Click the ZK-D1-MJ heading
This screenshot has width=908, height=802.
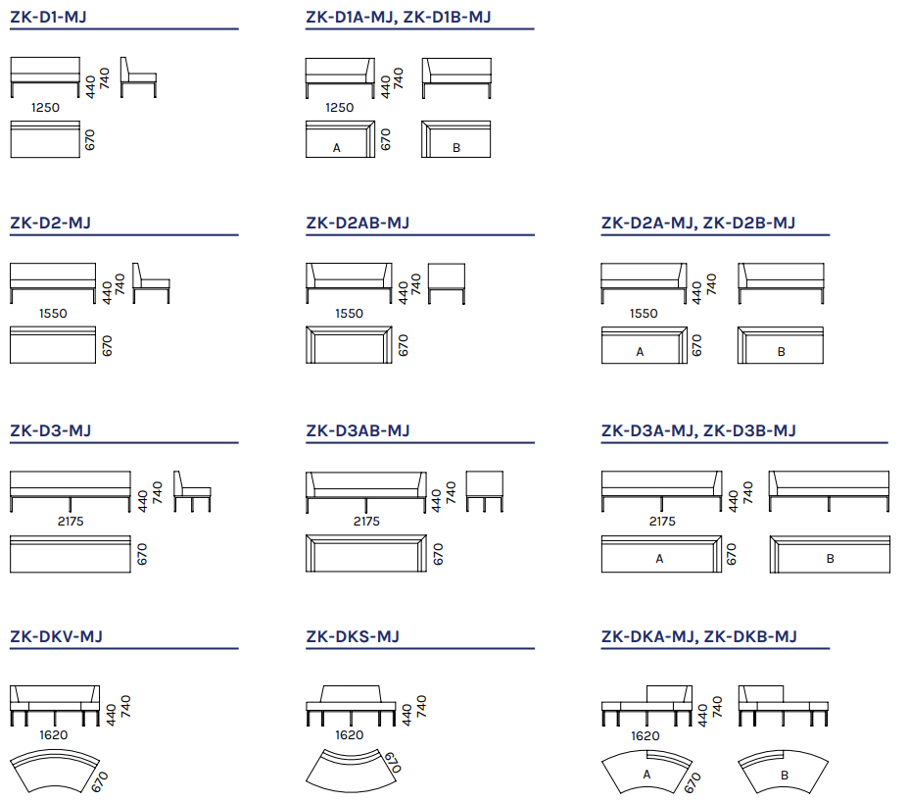(49, 17)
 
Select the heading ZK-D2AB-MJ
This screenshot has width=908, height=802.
(358, 223)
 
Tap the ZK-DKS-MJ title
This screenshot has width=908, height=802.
(353, 636)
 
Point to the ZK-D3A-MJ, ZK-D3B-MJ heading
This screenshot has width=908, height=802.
(698, 430)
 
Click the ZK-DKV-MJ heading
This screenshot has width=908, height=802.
(56, 636)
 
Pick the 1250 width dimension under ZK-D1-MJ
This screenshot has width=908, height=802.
(45, 108)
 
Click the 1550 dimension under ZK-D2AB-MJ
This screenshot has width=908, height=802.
(349, 314)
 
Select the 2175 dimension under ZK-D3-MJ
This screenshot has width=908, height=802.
(71, 522)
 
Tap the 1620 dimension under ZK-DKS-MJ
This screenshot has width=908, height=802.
(349, 735)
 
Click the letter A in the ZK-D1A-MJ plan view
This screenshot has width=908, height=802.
(336, 148)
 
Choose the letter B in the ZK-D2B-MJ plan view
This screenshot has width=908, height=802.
(782, 352)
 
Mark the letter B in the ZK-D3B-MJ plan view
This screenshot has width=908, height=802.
(831, 559)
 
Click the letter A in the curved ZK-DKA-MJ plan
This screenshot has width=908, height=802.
(646, 775)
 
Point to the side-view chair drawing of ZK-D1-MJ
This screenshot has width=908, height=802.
(138, 77)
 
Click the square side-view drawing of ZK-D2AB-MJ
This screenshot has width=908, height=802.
(447, 284)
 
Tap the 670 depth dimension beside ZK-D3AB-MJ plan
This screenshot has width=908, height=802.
(439, 554)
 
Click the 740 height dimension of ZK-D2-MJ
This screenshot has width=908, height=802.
(119, 284)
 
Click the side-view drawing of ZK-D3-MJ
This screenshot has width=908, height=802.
(192, 491)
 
